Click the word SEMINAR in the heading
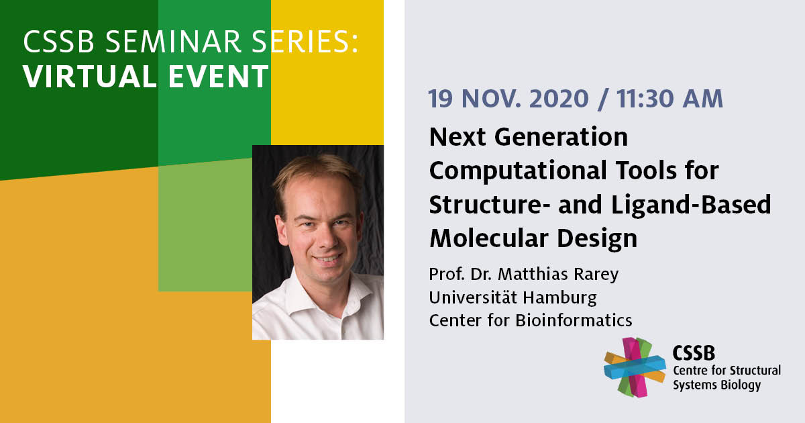point(173,42)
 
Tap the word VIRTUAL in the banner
point(90,77)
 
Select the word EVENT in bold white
point(219,77)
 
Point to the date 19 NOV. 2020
point(508,99)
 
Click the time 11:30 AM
point(669,99)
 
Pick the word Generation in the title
point(561,137)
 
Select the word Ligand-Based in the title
point(691,205)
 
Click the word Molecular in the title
point(489,238)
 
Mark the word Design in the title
point(597,239)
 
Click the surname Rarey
point(596,275)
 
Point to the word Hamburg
point(559,299)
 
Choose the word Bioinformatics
point(574,320)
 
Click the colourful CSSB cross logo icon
point(635,367)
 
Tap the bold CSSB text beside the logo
point(694,353)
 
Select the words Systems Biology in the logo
point(717,385)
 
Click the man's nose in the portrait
point(326,238)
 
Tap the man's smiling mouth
point(327,259)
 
